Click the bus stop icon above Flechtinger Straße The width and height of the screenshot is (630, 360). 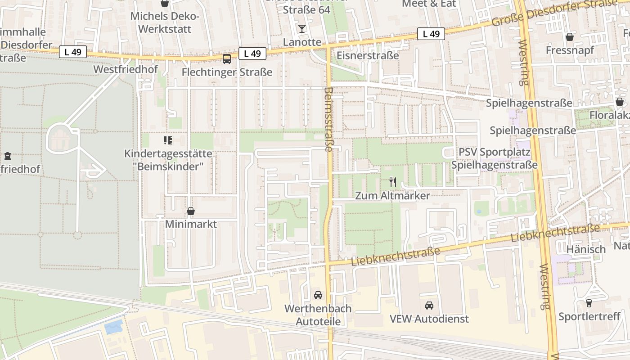(x=227, y=58)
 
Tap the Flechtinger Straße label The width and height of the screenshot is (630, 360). (x=227, y=72)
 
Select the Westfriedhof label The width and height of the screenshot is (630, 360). (x=126, y=69)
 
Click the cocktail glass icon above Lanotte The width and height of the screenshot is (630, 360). (x=301, y=29)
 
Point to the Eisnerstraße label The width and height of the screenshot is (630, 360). (x=368, y=56)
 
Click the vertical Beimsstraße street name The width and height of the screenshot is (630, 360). (x=328, y=119)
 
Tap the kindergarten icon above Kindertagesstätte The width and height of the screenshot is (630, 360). (x=168, y=140)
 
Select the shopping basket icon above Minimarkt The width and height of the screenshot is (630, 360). (x=191, y=211)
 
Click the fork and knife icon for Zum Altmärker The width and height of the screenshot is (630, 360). (x=393, y=182)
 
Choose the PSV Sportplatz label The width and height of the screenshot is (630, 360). (x=495, y=152)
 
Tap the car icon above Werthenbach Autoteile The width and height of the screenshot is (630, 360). (x=318, y=295)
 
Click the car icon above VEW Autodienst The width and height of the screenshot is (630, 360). (x=429, y=306)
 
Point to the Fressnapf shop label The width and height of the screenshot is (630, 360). (x=570, y=50)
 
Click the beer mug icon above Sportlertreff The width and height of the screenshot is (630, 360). (x=589, y=303)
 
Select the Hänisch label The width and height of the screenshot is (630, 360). (x=586, y=249)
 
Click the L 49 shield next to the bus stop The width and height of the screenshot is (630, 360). (x=252, y=54)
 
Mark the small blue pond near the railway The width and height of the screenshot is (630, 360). (x=113, y=326)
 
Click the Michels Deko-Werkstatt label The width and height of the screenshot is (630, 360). (x=165, y=22)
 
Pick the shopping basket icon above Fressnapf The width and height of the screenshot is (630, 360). (x=570, y=37)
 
